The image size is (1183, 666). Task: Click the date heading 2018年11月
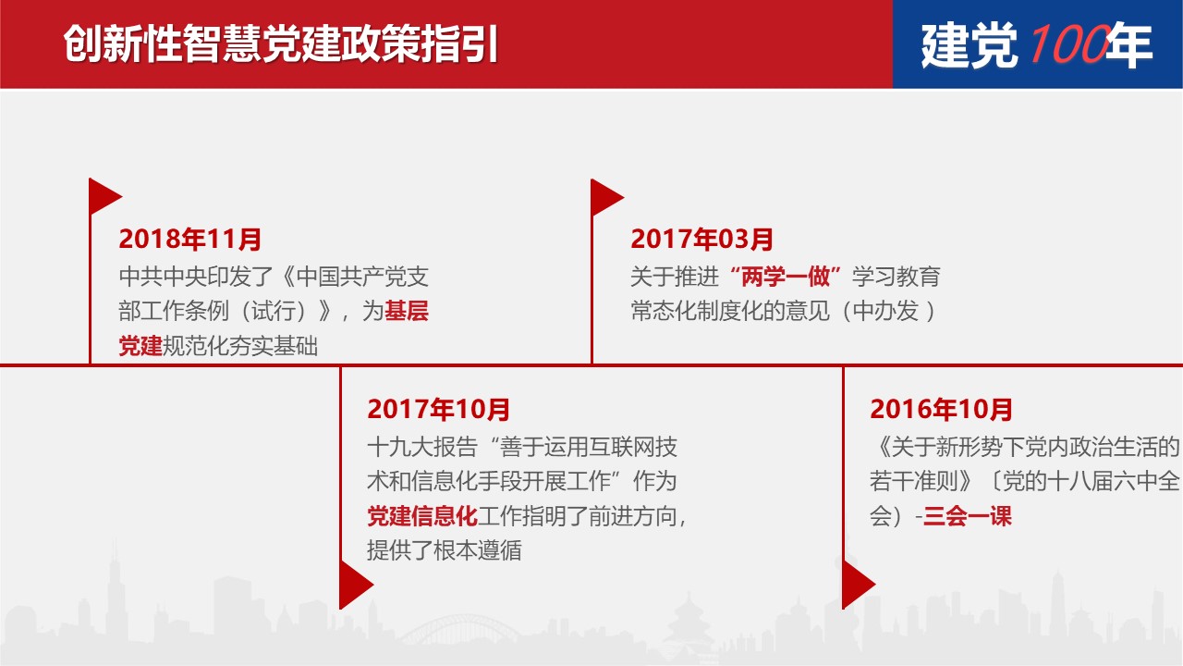[190, 239]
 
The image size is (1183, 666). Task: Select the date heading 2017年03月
[701, 239]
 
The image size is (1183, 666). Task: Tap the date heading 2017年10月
[439, 409]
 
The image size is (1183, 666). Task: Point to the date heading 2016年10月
[941, 409]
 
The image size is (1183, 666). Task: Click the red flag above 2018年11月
[104, 197]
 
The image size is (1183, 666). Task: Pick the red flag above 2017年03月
[606, 197]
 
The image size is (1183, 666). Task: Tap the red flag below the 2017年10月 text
[356, 585]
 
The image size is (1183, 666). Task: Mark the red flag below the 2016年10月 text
[859, 585]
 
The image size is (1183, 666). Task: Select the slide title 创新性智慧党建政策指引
[280, 43]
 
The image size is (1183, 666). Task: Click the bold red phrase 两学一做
[785, 277]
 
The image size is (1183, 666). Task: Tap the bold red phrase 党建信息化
[422, 516]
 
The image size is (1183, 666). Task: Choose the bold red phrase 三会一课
[968, 516]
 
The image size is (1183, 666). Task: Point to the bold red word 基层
[407, 311]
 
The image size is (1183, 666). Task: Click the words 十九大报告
[422, 447]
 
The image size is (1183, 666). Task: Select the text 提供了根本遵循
[445, 550]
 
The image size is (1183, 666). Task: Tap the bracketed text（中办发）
[886, 311]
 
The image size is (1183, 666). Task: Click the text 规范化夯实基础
[240, 346]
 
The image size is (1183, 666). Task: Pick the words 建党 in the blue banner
[970, 45]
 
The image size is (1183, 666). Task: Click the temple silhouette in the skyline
[689, 626]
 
